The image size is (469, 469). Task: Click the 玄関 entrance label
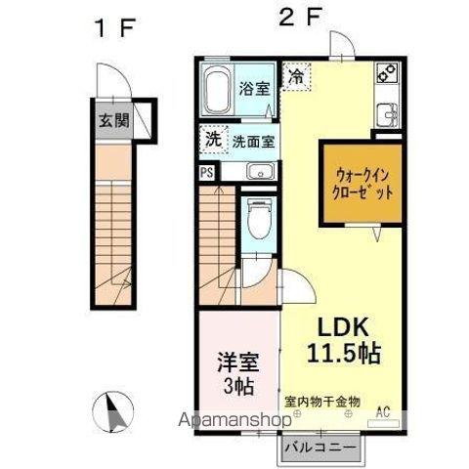pos(112,121)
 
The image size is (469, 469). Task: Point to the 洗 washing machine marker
pos(212,139)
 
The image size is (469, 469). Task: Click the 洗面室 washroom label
pos(253,141)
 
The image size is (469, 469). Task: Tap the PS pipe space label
pos(207,172)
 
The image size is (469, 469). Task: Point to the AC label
pos(383,410)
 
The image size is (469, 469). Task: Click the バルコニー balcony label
pos(321,448)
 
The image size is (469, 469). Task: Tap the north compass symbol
pos(108,408)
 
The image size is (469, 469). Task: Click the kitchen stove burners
pos(384,72)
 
